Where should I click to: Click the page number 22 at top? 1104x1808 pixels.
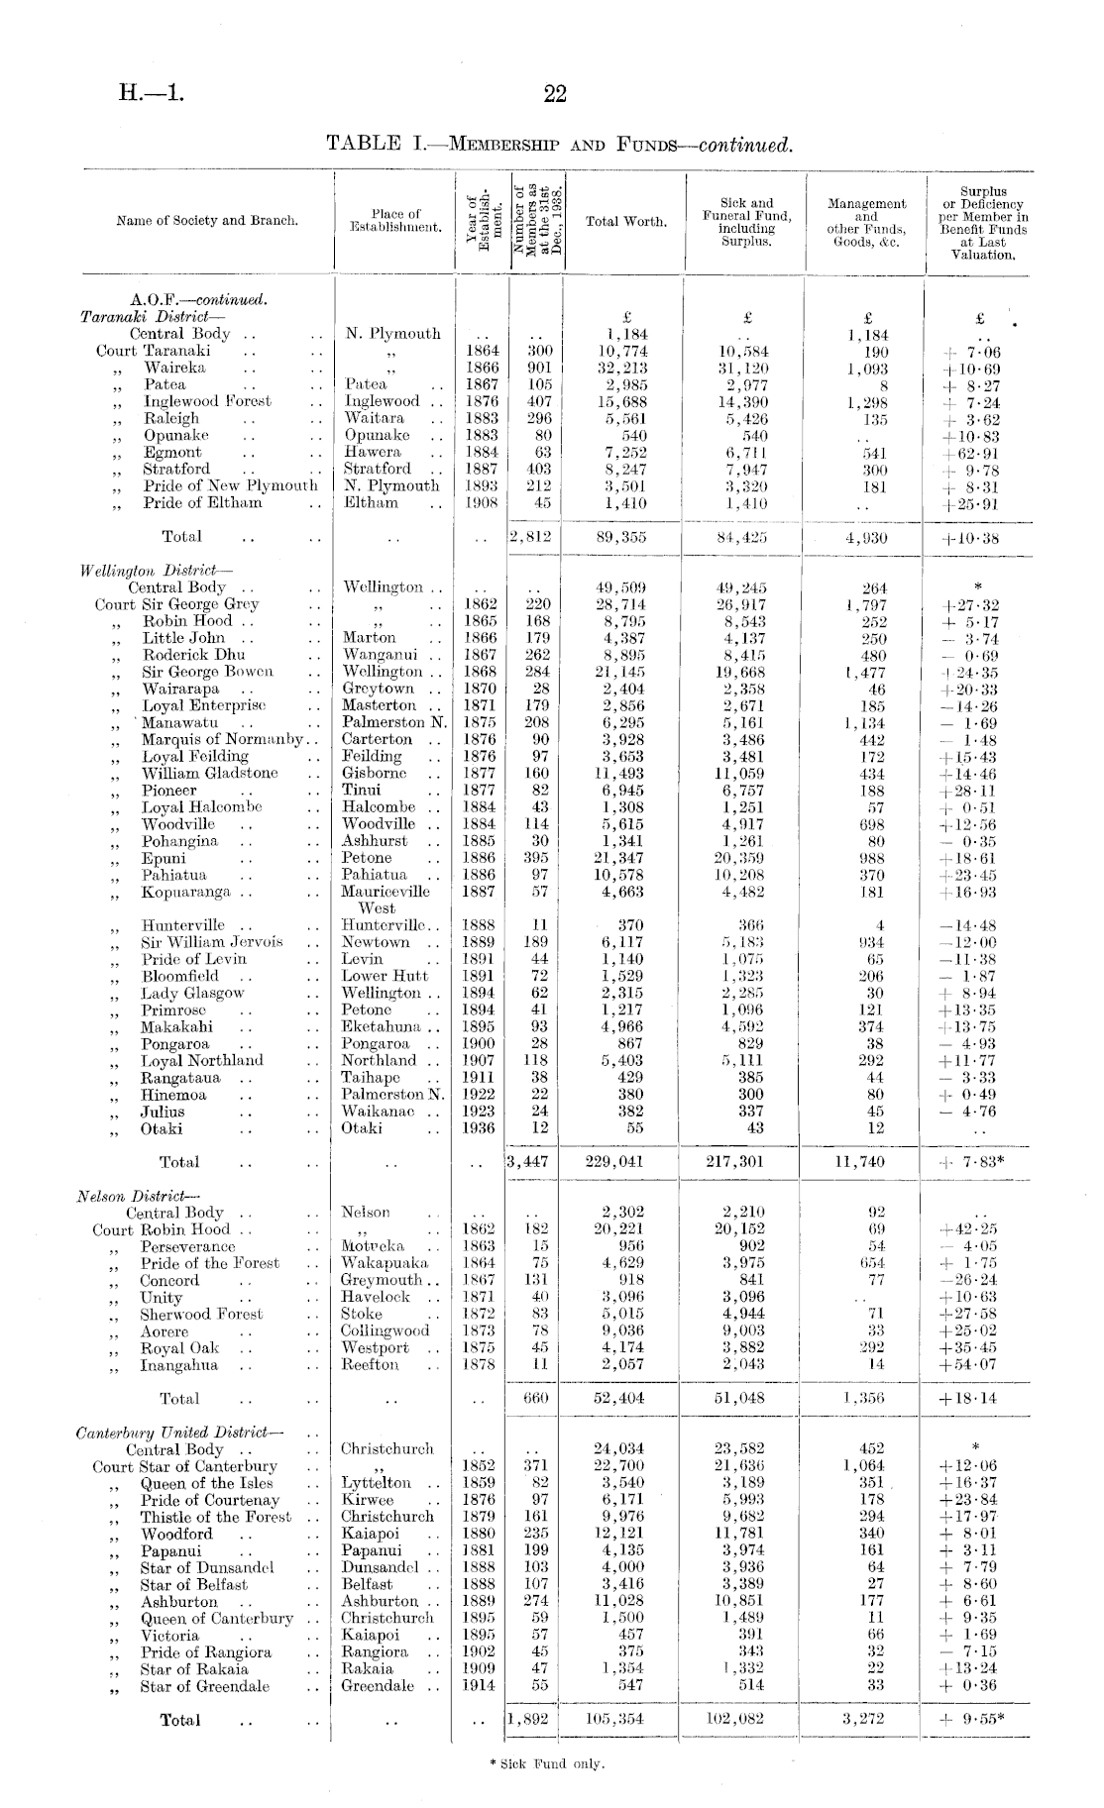pos(555,94)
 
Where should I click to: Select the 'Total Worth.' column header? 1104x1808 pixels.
pos(626,221)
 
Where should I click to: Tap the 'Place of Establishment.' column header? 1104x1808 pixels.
pos(395,220)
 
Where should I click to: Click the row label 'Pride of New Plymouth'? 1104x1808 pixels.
pos(230,485)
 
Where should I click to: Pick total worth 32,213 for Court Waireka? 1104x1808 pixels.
pos(626,368)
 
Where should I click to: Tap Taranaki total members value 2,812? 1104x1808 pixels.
pos(529,537)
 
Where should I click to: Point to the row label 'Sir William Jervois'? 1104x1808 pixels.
pos(211,942)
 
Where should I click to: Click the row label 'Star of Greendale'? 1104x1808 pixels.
pos(204,1686)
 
